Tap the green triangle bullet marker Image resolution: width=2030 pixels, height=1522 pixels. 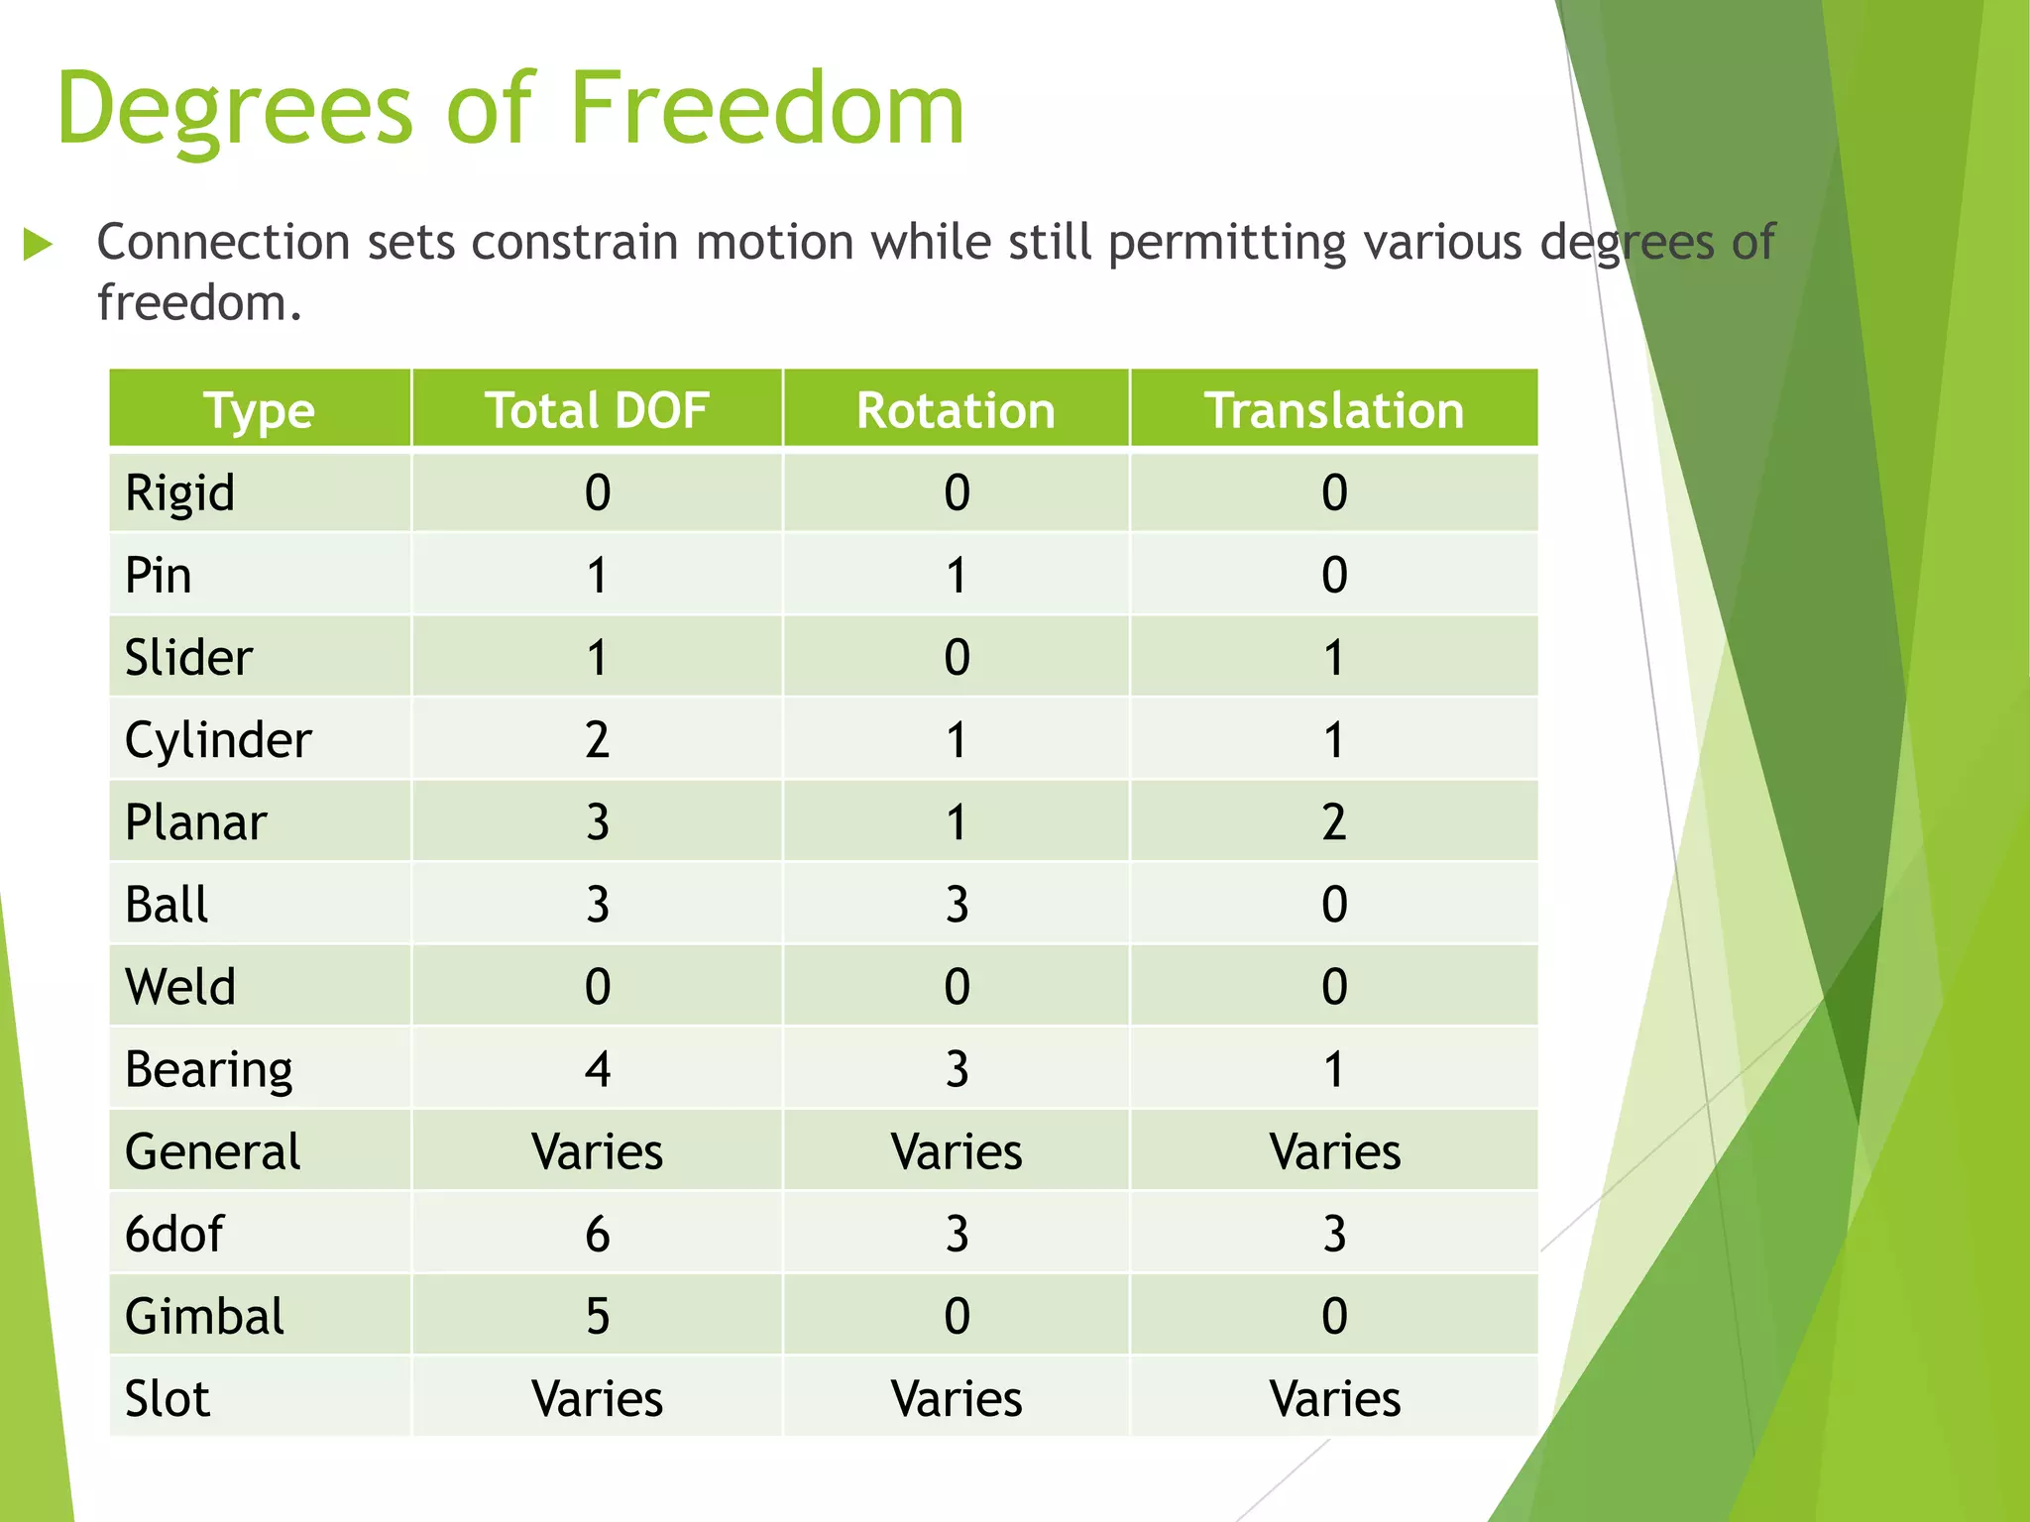pos(38,244)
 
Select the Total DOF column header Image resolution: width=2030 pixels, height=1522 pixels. pos(597,410)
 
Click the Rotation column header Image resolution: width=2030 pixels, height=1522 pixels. pos(956,410)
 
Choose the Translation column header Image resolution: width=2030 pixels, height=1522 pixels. pos(1333,410)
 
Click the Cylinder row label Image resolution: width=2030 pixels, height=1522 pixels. pos(218,740)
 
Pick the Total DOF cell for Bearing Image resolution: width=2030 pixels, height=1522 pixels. pos(597,1069)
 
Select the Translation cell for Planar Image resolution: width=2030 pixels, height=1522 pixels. pos(1333,822)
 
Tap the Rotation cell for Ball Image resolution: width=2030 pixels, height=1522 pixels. pos(956,905)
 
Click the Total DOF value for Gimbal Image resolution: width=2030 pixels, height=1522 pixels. pos(597,1316)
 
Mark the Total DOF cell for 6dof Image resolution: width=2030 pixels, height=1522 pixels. pos(597,1234)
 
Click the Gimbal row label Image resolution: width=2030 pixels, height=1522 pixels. pos(204,1316)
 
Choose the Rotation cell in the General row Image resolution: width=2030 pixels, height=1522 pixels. pos(956,1151)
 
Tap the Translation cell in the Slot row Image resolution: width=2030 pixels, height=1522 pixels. pos(1333,1398)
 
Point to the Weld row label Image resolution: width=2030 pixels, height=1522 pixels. pos(179,987)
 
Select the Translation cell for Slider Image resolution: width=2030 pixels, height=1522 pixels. pos(1333,658)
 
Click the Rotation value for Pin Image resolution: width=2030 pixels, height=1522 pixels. pos(956,576)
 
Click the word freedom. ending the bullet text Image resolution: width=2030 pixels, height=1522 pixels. pos(198,302)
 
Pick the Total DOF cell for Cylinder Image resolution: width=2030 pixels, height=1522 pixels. pos(597,740)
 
